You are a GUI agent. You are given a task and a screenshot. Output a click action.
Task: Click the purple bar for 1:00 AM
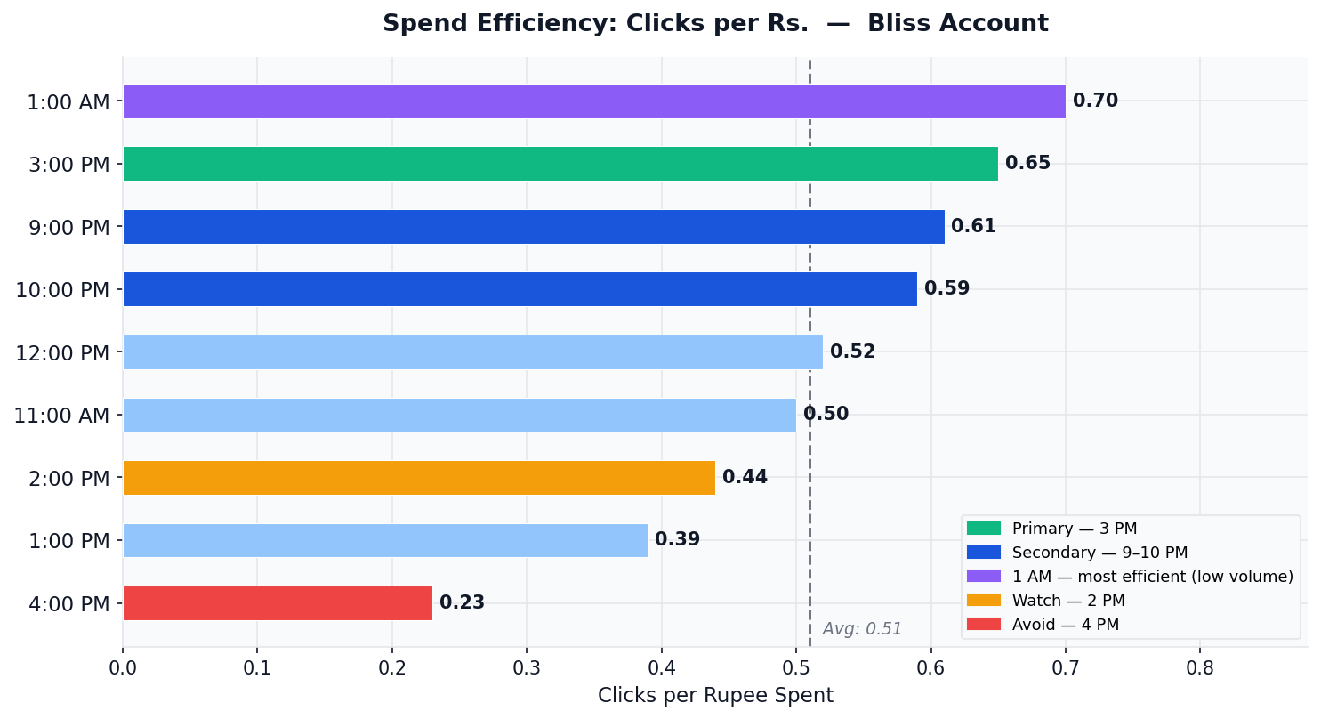(x=593, y=101)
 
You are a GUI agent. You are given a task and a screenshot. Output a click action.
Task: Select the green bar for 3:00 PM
(x=560, y=164)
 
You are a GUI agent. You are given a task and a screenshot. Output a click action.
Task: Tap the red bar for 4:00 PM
(x=278, y=603)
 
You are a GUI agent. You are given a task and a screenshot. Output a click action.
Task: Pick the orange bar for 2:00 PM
(x=419, y=478)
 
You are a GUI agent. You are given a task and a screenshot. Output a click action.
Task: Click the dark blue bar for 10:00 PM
(x=520, y=289)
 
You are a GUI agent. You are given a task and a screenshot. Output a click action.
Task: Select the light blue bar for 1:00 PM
(x=385, y=540)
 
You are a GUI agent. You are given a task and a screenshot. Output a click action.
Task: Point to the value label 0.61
(x=973, y=227)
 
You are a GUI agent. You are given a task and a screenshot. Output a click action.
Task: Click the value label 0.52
(x=852, y=352)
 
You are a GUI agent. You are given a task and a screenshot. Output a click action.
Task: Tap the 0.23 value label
(x=462, y=603)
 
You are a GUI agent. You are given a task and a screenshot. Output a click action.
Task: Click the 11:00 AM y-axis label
(x=61, y=416)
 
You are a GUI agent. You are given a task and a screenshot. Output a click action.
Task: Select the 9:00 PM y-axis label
(x=69, y=228)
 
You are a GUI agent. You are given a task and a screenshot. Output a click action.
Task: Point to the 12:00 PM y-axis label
(x=62, y=353)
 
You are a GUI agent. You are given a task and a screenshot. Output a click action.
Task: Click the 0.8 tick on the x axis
(x=1200, y=667)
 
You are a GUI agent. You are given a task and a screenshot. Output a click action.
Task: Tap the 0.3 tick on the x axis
(x=527, y=667)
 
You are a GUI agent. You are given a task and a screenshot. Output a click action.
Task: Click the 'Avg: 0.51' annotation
(x=861, y=629)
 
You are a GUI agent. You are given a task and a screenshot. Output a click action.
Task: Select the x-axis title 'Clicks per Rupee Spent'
(x=715, y=696)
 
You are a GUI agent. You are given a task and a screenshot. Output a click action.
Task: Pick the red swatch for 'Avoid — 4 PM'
(x=983, y=624)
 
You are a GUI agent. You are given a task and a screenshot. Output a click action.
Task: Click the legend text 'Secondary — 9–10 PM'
(x=1099, y=553)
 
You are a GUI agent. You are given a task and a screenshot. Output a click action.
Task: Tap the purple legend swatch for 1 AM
(x=983, y=577)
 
